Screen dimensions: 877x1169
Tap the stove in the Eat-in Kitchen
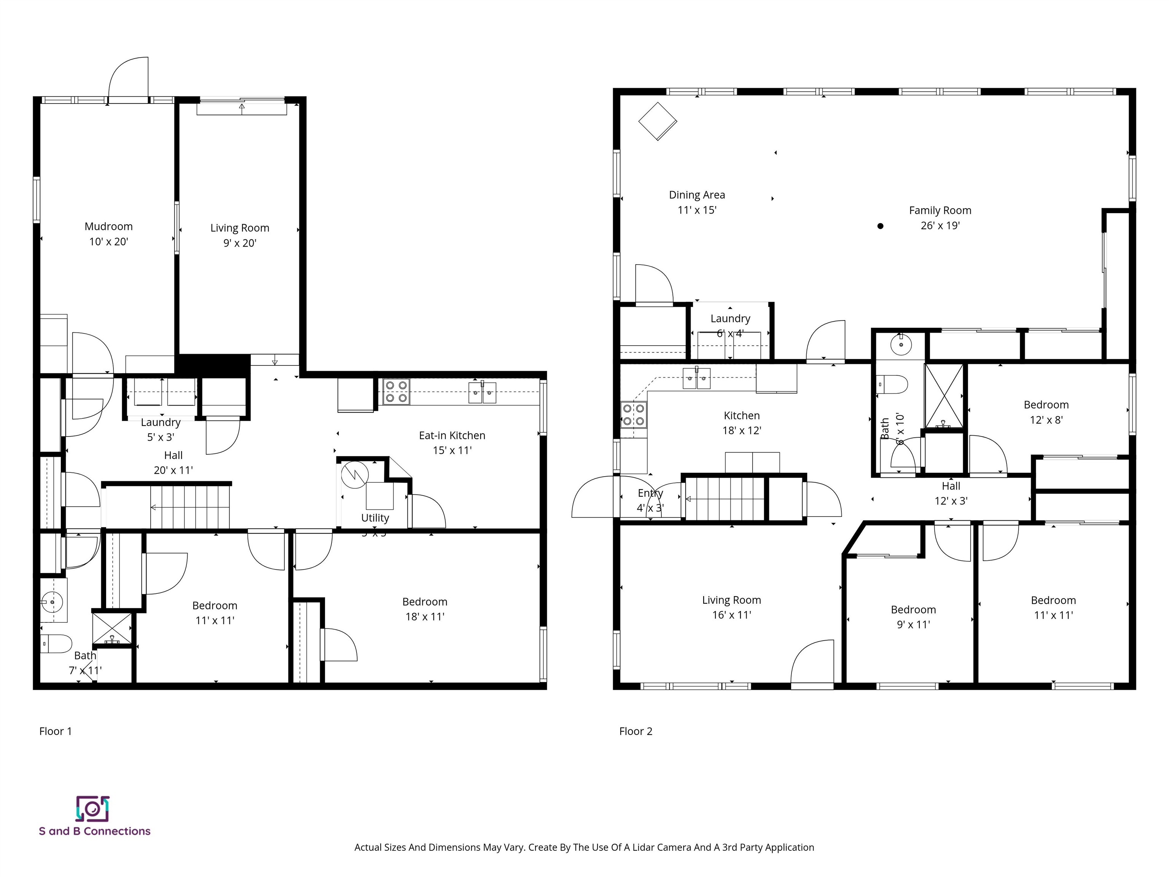396,392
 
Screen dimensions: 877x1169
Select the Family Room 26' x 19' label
940,218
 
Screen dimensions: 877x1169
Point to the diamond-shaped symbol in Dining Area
658,121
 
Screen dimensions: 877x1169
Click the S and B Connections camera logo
92,809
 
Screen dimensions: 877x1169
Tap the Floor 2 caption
636,731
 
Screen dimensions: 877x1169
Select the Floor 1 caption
56,731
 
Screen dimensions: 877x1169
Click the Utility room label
375,518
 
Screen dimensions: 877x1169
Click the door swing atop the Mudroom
128,77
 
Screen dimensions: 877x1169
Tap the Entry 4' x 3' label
650,500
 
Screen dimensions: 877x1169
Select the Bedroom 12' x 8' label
1046,412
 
